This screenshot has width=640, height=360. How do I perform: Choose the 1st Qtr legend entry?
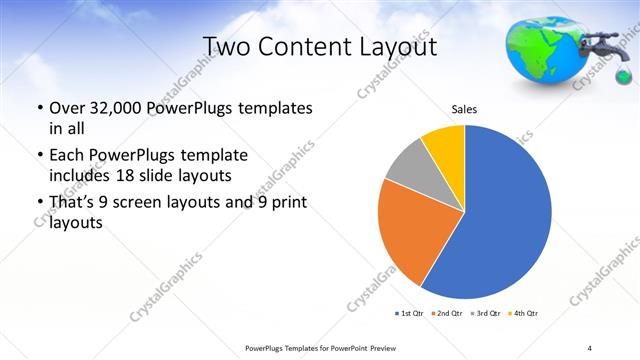[411, 314]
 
